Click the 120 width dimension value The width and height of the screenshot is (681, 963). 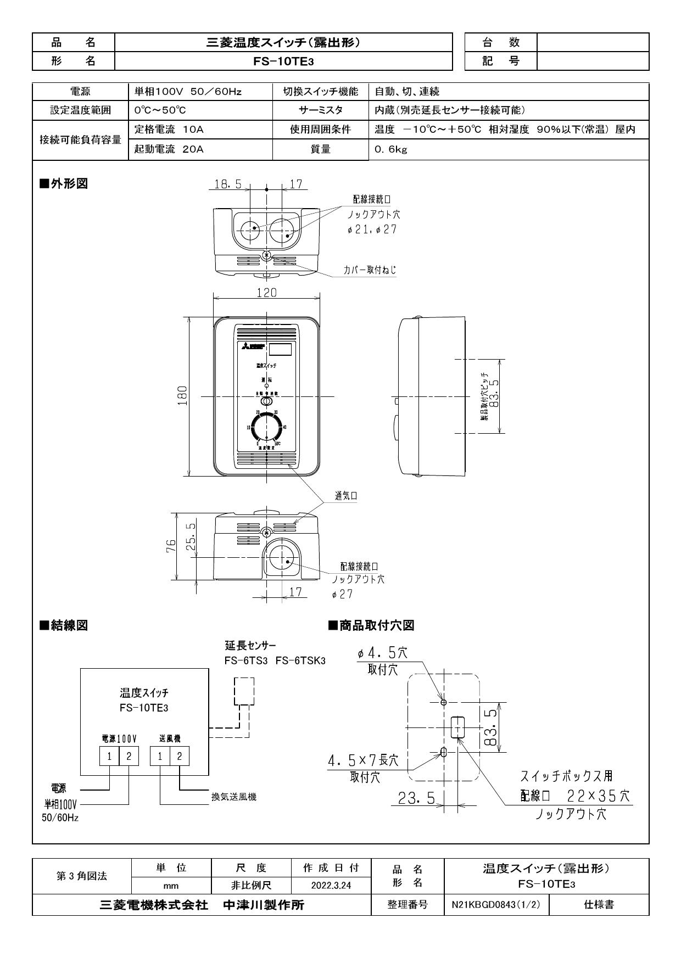coord(267,293)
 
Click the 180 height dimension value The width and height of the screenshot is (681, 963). coord(183,395)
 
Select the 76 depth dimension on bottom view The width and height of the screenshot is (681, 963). coord(171,546)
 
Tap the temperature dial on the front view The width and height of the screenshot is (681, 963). coord(266,426)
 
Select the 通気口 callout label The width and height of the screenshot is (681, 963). coord(346,496)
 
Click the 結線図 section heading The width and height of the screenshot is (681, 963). coord(64,625)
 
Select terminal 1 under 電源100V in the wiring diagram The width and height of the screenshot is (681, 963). coord(109,756)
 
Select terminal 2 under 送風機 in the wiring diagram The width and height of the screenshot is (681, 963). coord(180,756)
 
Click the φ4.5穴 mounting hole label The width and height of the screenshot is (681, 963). coord(383,653)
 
